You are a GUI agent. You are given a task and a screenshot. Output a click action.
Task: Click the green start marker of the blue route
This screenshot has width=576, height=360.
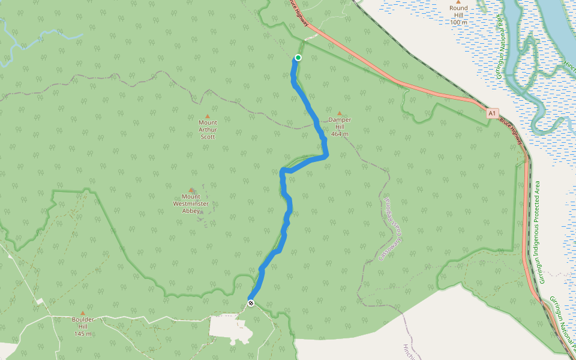(298, 58)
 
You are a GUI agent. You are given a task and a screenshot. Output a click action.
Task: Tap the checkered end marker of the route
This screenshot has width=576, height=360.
(251, 302)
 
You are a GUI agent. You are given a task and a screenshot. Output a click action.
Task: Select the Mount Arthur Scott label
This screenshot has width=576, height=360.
(208, 130)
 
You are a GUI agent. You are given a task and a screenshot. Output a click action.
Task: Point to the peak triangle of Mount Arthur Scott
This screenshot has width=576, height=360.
(208, 116)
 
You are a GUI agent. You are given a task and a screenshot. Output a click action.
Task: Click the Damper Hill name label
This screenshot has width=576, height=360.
(340, 119)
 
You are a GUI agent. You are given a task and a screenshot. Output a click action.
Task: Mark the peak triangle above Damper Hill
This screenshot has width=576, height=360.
(339, 113)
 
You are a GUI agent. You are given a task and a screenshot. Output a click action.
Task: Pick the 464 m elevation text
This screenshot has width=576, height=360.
(340, 134)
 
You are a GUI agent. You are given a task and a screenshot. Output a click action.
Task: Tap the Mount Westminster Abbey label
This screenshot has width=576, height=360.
(191, 203)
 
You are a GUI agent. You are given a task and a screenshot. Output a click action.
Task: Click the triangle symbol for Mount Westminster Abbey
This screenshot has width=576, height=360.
(191, 190)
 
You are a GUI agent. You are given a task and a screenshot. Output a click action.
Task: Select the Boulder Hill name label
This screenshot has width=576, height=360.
(83, 320)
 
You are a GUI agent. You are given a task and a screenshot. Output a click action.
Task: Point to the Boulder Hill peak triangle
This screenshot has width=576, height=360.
(83, 313)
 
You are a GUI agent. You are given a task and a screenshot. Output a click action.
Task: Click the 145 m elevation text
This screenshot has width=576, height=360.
(83, 334)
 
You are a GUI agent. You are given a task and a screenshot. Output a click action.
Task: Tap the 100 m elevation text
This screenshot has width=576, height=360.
(458, 22)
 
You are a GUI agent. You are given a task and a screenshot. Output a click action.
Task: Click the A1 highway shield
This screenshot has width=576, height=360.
(492, 113)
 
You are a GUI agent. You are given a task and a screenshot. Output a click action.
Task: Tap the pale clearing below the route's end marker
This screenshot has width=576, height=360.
(231, 328)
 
